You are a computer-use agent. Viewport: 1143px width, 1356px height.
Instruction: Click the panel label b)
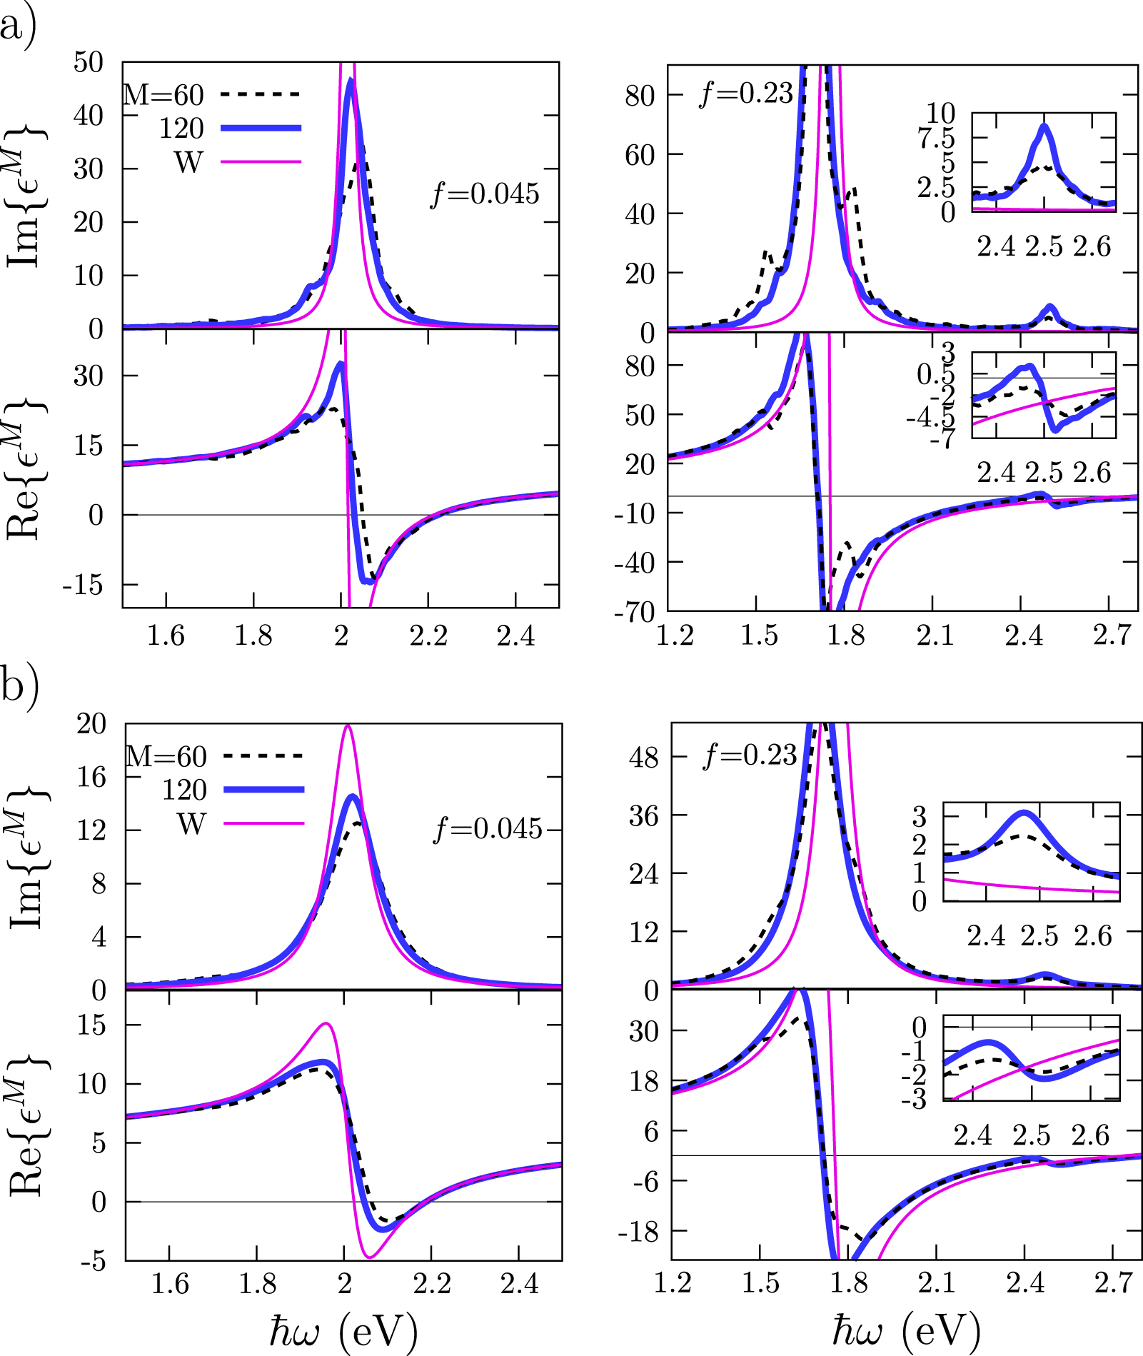pos(19,685)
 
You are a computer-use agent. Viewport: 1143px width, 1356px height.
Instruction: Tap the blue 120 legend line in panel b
pos(264,789)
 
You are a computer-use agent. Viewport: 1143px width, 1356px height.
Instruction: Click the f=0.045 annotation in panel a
pos(485,194)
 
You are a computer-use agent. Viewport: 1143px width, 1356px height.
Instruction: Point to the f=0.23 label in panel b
pos(750,755)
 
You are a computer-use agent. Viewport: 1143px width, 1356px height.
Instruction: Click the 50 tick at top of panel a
pos(89,63)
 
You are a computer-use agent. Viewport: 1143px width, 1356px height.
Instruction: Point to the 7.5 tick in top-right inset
pos(936,139)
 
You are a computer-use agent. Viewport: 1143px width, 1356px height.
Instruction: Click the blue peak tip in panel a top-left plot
pos(350,80)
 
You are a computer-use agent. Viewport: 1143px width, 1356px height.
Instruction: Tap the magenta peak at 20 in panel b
pos(348,726)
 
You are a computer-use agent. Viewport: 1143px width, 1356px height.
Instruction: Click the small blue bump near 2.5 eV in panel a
pos(1049,308)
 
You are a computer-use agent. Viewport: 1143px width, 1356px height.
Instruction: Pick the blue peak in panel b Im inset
pos(1025,813)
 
